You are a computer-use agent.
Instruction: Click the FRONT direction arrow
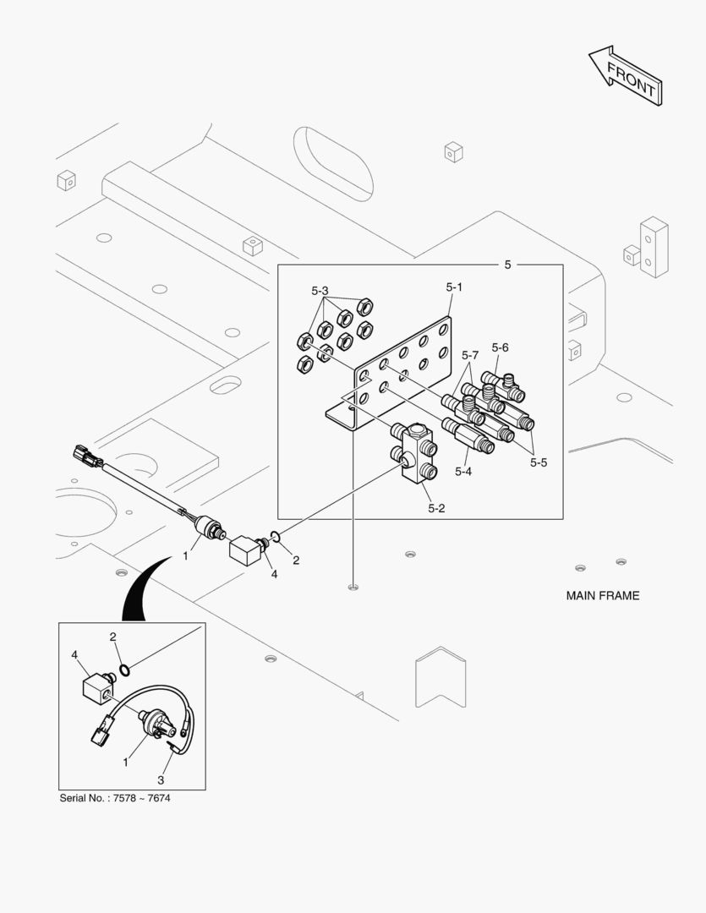coord(625,77)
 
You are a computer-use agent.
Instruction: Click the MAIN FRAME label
coord(602,595)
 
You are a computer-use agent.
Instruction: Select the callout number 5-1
coord(453,287)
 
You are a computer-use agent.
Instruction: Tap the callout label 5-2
coord(436,508)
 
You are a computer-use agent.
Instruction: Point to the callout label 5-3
coord(320,292)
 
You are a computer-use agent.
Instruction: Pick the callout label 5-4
coord(462,471)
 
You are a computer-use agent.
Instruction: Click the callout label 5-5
coord(539,462)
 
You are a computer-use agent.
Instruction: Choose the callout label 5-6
coord(500,347)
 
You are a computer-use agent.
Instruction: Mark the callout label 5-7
coord(470,354)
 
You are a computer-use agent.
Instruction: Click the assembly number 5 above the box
coord(507,265)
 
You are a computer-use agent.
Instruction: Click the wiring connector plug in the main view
coord(87,456)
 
